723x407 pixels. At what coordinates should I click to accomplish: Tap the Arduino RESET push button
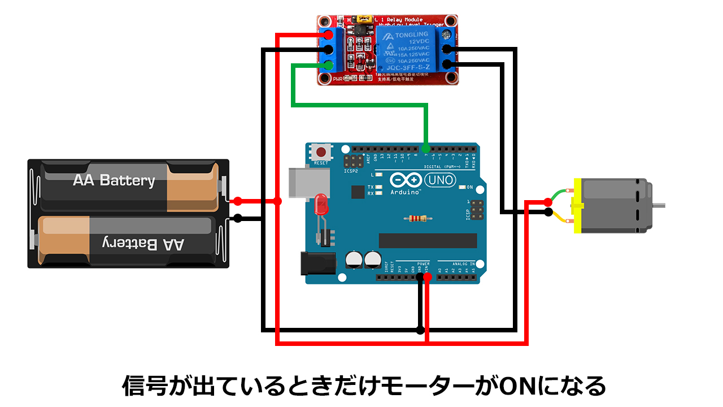pyautogui.click(x=321, y=153)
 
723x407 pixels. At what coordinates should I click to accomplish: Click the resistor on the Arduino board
pyautogui.click(x=418, y=218)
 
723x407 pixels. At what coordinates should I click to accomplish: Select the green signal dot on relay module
pyautogui.click(x=328, y=64)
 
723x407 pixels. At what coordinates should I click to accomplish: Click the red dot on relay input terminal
pyautogui.click(x=328, y=35)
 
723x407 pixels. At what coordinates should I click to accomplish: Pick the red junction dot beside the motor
pyautogui.click(x=548, y=202)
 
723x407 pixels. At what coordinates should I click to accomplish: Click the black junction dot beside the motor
pyautogui.click(x=548, y=213)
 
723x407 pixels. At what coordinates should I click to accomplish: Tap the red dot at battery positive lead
pyautogui.click(x=238, y=201)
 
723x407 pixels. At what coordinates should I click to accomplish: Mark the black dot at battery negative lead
pyautogui.click(x=238, y=218)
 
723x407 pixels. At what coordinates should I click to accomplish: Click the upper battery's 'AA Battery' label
pyautogui.click(x=114, y=180)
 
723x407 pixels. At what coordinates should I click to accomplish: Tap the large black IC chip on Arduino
pyautogui.click(x=428, y=240)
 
